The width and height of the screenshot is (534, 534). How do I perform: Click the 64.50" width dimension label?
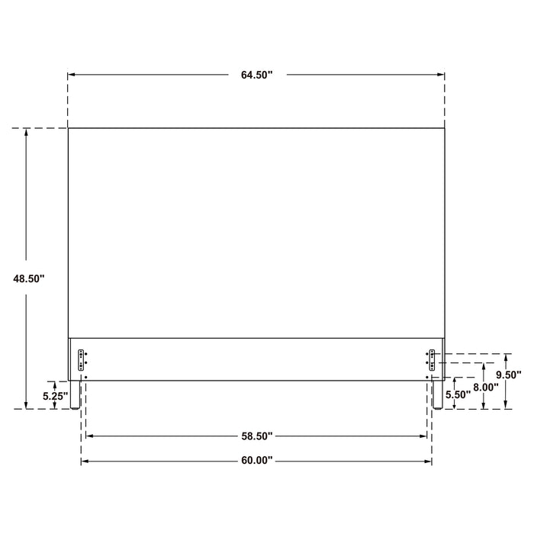257,75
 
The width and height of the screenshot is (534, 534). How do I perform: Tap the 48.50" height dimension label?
29,278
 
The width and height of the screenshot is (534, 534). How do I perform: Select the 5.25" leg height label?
56,396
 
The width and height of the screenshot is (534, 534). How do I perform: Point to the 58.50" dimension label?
257,436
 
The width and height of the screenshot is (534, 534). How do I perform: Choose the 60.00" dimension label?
257,461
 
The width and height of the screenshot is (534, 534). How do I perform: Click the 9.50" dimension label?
509,375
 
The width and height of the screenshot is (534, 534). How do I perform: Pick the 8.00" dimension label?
486,388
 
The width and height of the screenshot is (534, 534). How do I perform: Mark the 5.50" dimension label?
458,394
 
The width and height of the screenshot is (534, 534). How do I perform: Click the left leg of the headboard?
75,394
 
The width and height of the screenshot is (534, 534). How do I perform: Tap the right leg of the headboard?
438,394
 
